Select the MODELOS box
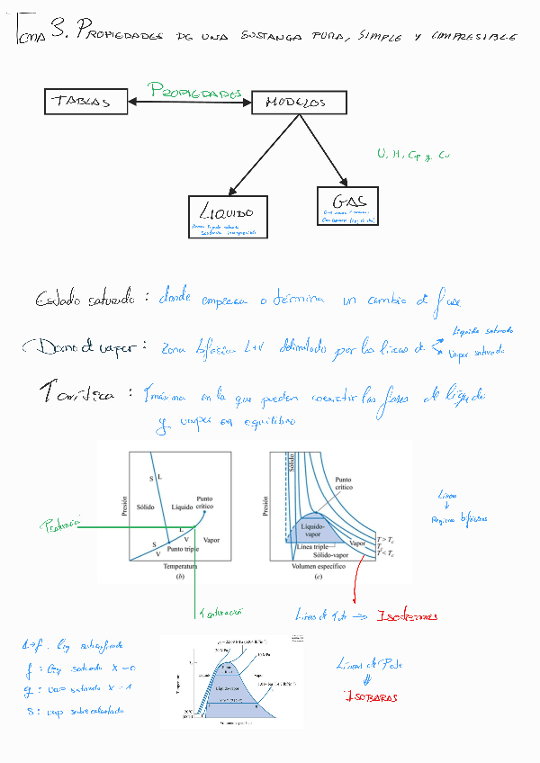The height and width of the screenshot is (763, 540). coord(298,103)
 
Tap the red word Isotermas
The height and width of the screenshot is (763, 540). coord(408,616)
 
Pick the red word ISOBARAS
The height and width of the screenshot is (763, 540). coord(370,697)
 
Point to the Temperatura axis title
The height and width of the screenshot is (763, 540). coord(181,569)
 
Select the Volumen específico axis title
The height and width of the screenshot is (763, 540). coord(318,569)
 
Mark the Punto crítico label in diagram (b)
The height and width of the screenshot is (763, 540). coord(205,503)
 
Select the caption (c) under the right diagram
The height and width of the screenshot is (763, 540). coord(318,577)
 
